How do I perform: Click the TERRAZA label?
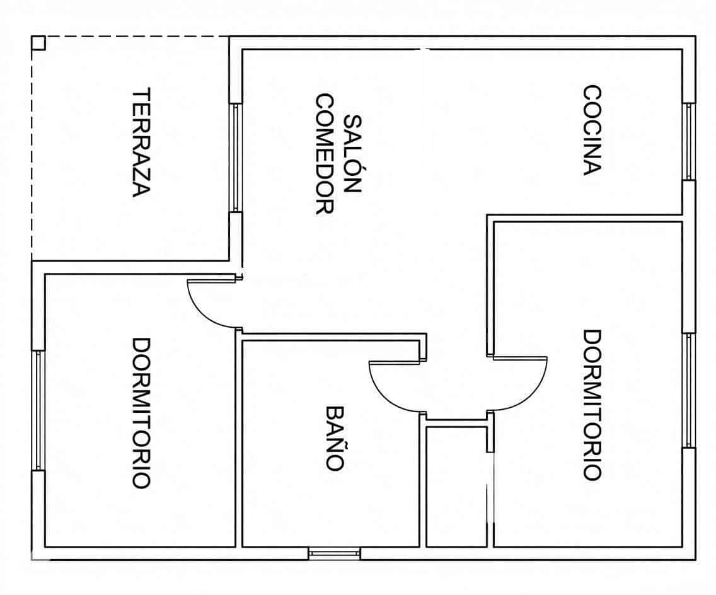tap(142, 142)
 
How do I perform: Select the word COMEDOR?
tap(324, 154)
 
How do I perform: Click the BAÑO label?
tap(335, 437)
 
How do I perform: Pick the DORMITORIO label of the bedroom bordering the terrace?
tap(141, 413)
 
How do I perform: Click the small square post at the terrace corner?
tap(38, 43)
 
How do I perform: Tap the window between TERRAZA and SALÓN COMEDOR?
tap(235, 158)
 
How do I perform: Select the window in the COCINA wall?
tap(689, 142)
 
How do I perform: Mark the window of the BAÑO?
tap(334, 553)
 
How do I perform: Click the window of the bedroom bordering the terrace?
tap(38, 410)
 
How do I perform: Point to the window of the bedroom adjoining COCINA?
tap(689, 390)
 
